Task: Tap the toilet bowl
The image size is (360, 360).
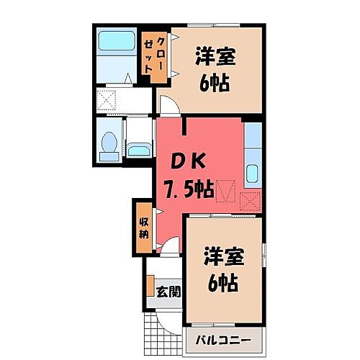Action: (109, 145)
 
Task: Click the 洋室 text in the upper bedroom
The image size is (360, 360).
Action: (217, 57)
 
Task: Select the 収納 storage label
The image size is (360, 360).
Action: (143, 228)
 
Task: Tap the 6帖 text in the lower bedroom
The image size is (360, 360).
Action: (222, 282)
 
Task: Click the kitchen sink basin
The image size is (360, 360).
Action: (253, 174)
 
